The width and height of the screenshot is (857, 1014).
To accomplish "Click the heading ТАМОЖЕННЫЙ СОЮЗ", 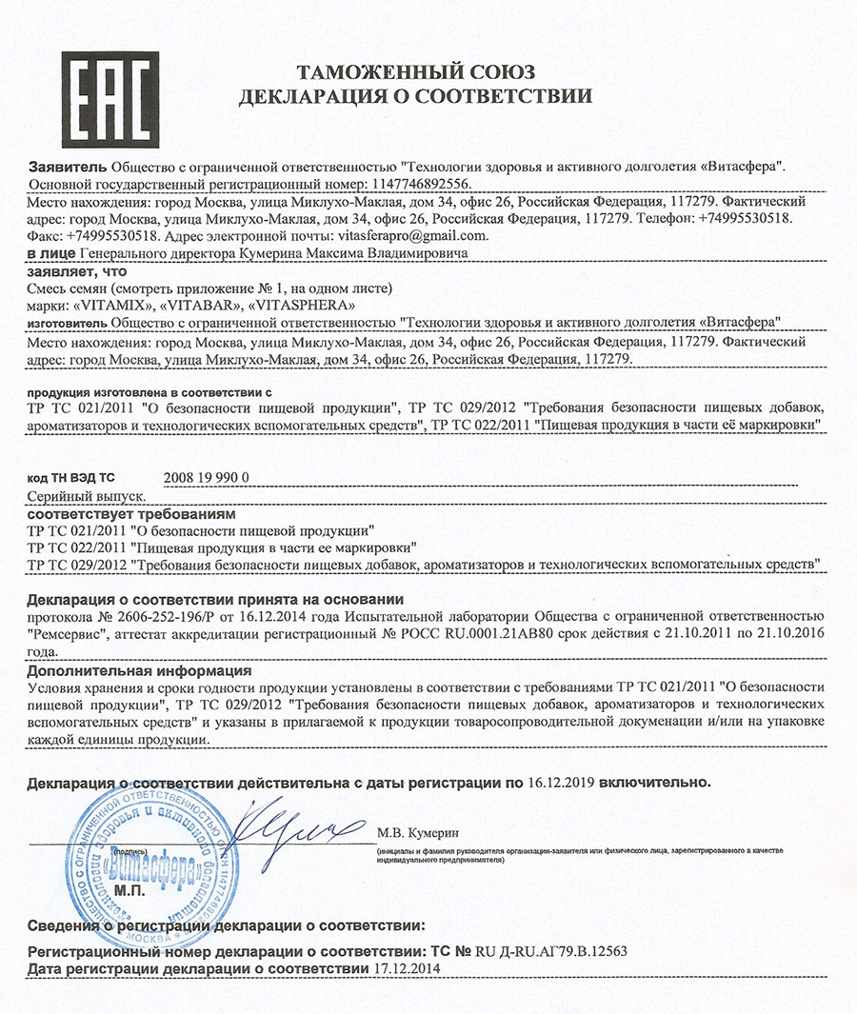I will pyautogui.click(x=415, y=72).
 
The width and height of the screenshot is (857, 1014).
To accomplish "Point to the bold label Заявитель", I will pyautogui.click(x=68, y=166).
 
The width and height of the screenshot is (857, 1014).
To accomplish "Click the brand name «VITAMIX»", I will pyautogui.click(x=113, y=305).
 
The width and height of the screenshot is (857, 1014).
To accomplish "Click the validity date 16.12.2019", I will pyautogui.click(x=562, y=783).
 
